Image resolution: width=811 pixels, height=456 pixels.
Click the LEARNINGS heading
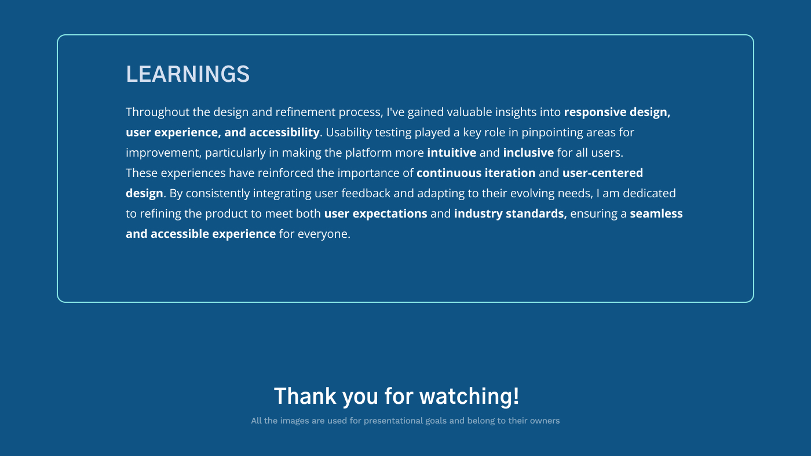pyautogui.click(x=188, y=74)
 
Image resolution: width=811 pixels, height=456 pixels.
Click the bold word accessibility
pyautogui.click(x=284, y=133)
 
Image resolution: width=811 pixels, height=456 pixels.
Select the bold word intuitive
pyautogui.click(x=451, y=153)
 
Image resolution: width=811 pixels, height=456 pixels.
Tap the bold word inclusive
pyautogui.click(x=528, y=153)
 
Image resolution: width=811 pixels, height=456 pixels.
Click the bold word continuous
pyautogui.click(x=449, y=173)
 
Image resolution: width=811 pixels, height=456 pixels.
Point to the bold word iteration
pyautogui.click(x=510, y=173)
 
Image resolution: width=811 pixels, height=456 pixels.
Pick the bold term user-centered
pyautogui.click(x=602, y=173)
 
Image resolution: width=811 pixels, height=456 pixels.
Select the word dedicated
pyautogui.click(x=649, y=193)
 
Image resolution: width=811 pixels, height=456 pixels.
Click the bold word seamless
pyautogui.click(x=656, y=213)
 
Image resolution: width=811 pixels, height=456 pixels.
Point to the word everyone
pyautogui.click(x=324, y=234)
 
